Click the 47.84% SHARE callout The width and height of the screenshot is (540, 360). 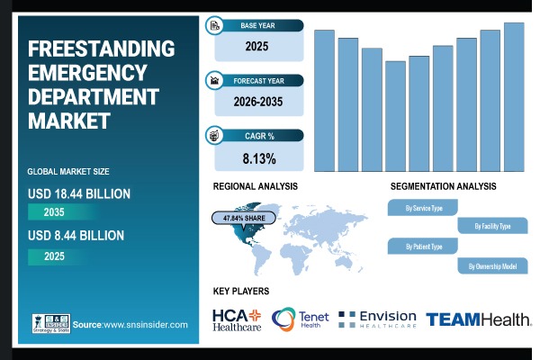[x=240, y=218]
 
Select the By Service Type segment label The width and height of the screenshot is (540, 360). [x=425, y=208]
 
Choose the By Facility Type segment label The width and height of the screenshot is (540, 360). [x=492, y=226]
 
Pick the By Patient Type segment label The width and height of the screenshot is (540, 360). [x=425, y=246]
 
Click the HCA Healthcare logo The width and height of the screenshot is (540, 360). [x=237, y=319]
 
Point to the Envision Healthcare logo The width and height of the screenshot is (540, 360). [x=377, y=319]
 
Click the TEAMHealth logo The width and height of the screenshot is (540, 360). [x=478, y=319]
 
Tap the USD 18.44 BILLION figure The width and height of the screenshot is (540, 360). [x=79, y=193]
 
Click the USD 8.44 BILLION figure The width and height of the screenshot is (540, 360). [x=76, y=236]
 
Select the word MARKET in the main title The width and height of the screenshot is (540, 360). [x=69, y=120]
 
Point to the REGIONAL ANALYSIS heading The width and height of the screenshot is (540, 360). [x=255, y=186]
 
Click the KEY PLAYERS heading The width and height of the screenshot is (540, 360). [x=241, y=292]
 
